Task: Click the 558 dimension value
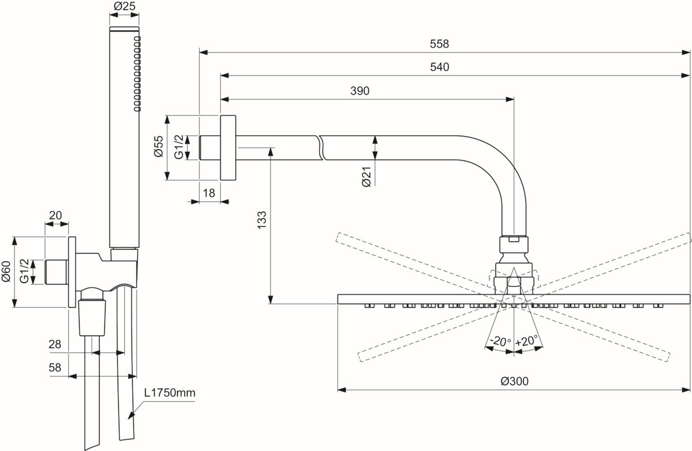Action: pos(439,44)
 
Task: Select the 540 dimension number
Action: pos(439,67)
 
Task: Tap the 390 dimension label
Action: pos(359,90)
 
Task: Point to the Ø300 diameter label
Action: pos(514,381)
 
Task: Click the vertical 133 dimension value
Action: pos(261,221)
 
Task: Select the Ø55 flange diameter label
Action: pos(159,147)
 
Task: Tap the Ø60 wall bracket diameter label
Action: pos(6,272)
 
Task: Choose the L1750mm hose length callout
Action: pos(170,393)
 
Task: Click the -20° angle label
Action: pos(499,341)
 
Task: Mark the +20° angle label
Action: pos(526,341)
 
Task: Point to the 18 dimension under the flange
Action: pos(209,193)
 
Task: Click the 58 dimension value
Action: pos(55,367)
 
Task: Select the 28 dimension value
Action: pos(55,344)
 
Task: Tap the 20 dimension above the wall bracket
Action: pos(55,215)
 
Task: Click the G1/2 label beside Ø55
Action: pos(179,147)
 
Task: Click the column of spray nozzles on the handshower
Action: pos(137,73)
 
